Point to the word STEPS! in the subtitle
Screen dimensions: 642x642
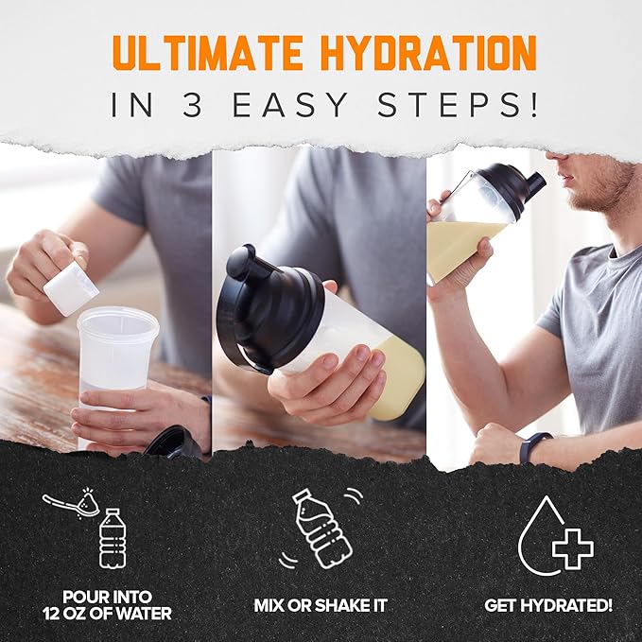[x=462, y=104]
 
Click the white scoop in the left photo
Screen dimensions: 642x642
[x=71, y=287]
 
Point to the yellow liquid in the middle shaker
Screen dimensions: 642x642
[x=397, y=383]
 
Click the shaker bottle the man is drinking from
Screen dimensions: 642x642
[x=477, y=227]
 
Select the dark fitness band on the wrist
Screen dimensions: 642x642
[x=528, y=446]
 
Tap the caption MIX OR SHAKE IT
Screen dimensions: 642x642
[x=320, y=604]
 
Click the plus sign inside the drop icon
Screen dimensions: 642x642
[x=572, y=548]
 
